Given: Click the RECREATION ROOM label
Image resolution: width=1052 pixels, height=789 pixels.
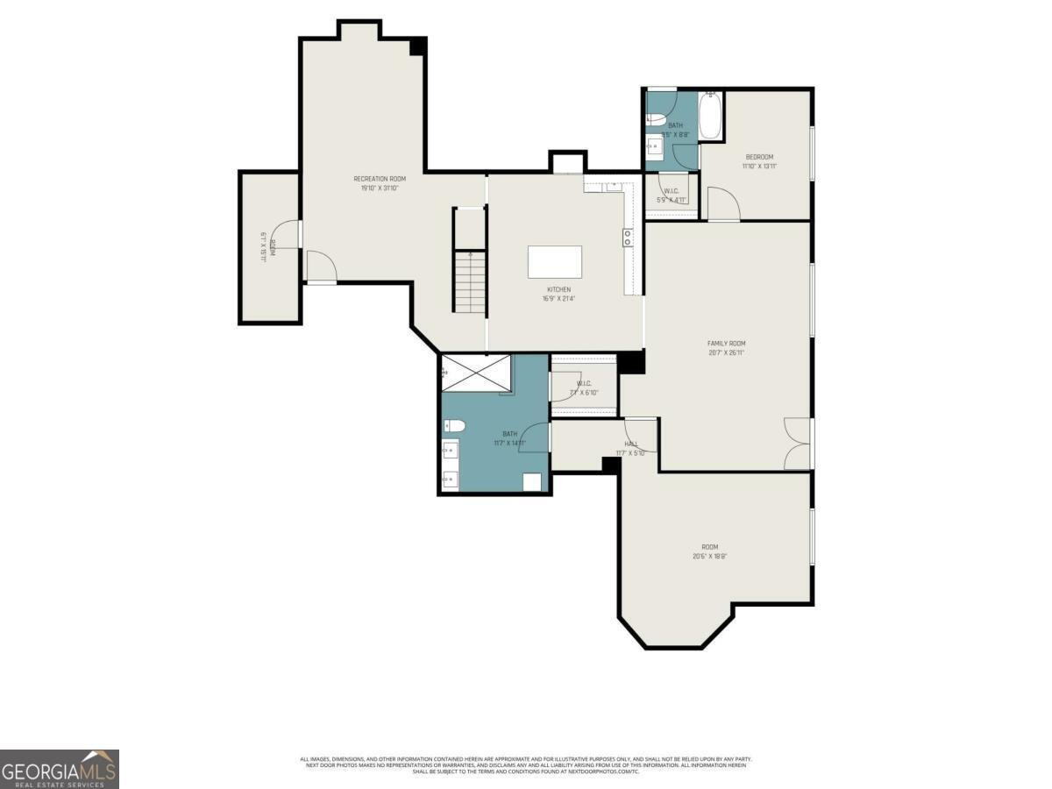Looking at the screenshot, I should [380, 179].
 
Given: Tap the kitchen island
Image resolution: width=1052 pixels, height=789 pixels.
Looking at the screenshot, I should [555, 262].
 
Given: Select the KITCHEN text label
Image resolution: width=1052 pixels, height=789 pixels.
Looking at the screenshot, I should [559, 289].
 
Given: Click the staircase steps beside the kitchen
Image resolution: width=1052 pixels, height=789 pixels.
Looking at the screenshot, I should [471, 281].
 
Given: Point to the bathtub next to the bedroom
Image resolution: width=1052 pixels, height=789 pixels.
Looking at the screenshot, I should [710, 117].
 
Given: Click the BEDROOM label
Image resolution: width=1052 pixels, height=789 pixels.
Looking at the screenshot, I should [759, 157].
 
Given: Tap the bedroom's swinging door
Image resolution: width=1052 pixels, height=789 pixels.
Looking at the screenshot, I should [723, 204].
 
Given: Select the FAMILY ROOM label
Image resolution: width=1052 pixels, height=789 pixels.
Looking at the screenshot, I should [727, 344].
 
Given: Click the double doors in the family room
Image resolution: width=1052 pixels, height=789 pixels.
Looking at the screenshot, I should [798, 444].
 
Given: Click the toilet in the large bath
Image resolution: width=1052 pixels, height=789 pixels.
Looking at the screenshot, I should [452, 426].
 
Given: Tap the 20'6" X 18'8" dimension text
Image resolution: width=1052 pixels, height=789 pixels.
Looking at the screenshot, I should [710, 556].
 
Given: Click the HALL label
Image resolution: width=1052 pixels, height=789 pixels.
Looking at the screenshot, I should [631, 444].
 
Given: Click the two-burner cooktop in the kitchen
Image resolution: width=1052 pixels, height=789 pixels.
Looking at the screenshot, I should [628, 238].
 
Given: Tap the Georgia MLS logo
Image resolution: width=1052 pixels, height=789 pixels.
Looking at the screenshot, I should [59, 769].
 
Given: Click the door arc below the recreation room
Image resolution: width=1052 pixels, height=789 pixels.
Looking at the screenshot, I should [319, 266].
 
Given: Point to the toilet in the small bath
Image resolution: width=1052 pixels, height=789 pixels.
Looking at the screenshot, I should [658, 121].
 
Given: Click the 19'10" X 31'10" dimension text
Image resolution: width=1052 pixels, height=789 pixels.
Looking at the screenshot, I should [380, 188].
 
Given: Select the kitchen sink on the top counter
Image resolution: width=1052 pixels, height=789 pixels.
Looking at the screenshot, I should [613, 186].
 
